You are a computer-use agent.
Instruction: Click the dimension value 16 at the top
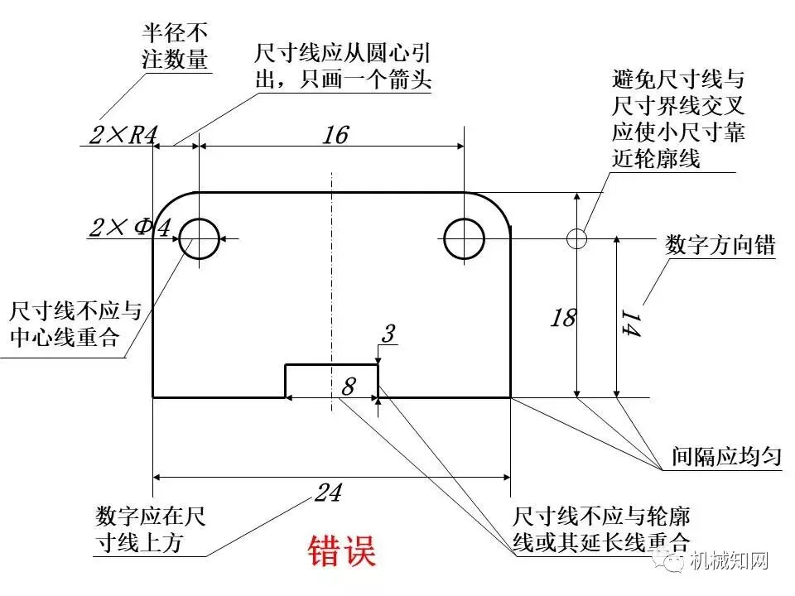tap(335, 135)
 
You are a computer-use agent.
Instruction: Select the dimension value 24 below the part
tap(329, 493)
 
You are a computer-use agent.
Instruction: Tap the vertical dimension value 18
tap(562, 317)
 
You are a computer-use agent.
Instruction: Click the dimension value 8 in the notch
tap(349, 386)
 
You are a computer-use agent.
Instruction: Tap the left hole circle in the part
tap(199, 239)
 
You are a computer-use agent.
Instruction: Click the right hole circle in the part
tap(464, 239)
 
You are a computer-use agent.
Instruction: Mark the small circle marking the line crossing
tap(577, 238)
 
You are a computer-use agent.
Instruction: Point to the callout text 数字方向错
tap(720, 245)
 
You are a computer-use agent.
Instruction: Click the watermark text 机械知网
tap(730, 562)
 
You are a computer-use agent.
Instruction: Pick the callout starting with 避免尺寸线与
tap(678, 119)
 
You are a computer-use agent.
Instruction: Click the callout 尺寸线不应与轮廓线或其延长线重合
tap(601, 531)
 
